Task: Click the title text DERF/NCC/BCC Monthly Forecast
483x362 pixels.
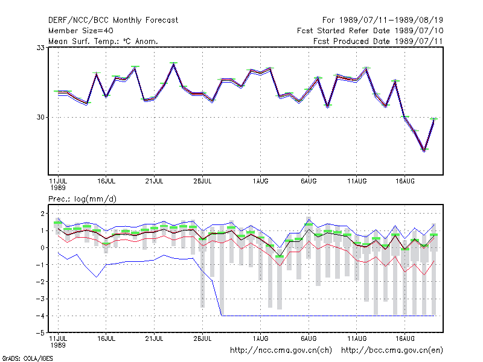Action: [x=113, y=21]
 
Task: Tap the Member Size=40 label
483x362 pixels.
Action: [x=81, y=31]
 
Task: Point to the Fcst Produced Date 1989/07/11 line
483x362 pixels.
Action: [x=378, y=41]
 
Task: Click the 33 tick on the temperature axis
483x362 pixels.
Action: [x=40, y=48]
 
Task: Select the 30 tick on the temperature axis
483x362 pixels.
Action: [x=40, y=117]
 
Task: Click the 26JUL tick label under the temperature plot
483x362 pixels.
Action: [x=202, y=182]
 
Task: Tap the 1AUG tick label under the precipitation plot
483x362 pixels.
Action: [x=261, y=338]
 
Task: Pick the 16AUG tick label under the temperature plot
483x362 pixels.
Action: [x=405, y=182]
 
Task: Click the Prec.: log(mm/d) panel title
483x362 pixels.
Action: [x=82, y=199]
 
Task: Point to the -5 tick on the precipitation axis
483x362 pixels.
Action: [x=40, y=333]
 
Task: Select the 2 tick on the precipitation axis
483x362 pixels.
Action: [x=42, y=214]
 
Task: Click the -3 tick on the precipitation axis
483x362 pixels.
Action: [x=40, y=299]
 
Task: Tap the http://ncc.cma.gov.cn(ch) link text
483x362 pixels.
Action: [x=281, y=351]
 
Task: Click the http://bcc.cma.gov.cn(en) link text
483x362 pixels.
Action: [x=392, y=351]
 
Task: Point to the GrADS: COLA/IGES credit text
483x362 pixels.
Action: [x=27, y=358]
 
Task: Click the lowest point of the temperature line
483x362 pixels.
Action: [x=424, y=150]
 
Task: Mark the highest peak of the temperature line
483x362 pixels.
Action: [x=174, y=64]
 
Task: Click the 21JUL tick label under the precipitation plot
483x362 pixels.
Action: [x=154, y=338]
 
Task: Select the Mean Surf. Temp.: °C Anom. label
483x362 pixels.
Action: [x=103, y=41]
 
